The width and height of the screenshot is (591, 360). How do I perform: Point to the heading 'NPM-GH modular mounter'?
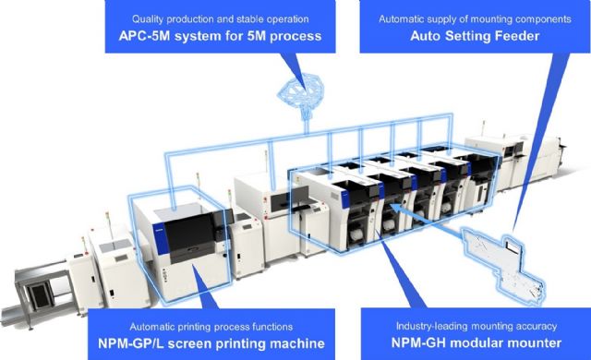[468, 343]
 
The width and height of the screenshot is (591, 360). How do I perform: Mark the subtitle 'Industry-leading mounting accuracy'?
[468, 326]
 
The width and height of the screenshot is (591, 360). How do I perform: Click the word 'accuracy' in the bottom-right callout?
[531, 326]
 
